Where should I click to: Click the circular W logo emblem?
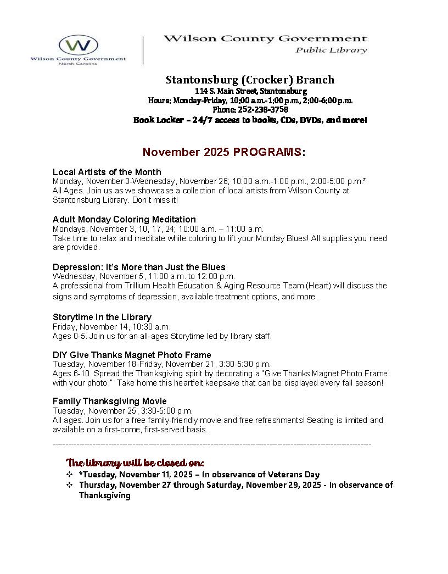tap(78, 45)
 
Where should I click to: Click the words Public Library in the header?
tap(331, 51)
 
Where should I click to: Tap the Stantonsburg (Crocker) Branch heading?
tap(250, 80)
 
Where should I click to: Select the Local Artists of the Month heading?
tap(107, 172)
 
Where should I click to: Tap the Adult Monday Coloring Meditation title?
tap(124, 219)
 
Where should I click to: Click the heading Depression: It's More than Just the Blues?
tap(139, 267)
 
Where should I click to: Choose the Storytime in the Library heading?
tap(102, 317)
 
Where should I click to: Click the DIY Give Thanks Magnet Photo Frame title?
tap(132, 355)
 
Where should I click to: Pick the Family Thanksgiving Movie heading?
tap(110, 401)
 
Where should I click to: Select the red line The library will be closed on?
tap(135, 462)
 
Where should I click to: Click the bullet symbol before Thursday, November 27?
tap(69, 485)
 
